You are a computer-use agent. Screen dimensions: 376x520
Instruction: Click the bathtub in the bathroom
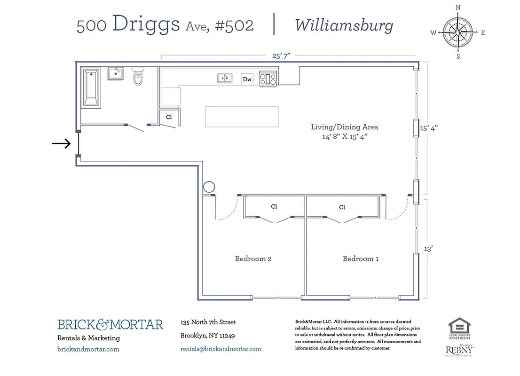point(91,87)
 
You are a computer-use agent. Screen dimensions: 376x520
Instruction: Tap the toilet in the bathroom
point(138,77)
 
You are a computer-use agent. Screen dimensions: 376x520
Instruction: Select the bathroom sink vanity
point(115,74)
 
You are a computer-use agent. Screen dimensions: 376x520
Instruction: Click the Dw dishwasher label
point(247,79)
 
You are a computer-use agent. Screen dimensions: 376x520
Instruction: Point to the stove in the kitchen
point(268,78)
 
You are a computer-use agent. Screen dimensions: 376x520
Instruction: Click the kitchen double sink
point(225,78)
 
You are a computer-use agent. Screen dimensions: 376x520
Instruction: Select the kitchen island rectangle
point(242,117)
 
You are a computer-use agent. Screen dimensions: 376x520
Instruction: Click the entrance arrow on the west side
point(61,144)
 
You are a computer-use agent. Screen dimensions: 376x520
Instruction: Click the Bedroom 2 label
point(253,258)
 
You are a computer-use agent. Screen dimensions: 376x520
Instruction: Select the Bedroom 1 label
point(361,258)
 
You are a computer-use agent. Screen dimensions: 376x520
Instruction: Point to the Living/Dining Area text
point(344,127)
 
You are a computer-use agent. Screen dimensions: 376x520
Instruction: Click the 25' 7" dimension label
point(282,55)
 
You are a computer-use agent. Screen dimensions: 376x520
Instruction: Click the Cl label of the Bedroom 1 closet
point(342,207)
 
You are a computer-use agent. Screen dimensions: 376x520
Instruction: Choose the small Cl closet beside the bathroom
point(169,117)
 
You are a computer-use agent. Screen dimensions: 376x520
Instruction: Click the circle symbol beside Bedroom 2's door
point(208,187)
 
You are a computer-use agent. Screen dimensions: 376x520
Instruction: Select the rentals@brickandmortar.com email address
point(221,349)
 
